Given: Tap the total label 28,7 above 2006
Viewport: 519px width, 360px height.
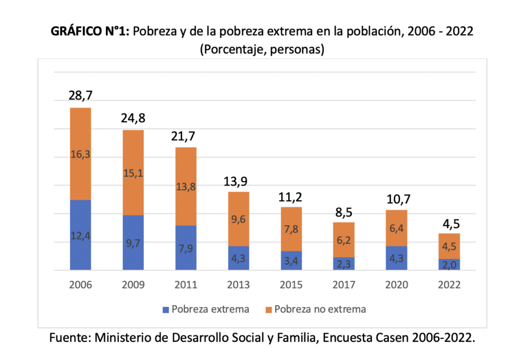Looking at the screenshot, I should [80, 95].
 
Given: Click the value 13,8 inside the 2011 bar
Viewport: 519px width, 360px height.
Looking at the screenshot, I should [186, 187].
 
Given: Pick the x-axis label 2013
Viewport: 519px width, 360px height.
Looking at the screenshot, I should [238, 285].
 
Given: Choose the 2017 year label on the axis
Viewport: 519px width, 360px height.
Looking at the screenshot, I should [344, 285].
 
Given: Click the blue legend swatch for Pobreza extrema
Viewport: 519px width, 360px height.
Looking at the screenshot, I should [166, 309].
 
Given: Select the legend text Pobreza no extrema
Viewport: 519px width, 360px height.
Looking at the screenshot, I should [320, 309].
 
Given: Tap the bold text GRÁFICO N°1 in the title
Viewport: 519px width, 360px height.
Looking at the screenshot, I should [91, 32].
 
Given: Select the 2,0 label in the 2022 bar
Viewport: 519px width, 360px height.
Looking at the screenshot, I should [449, 265].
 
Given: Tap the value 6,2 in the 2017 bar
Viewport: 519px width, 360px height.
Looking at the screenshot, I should [344, 240].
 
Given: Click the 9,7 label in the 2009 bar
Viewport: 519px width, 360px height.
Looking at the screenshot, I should [133, 242].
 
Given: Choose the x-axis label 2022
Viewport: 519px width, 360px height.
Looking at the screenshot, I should [449, 285].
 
